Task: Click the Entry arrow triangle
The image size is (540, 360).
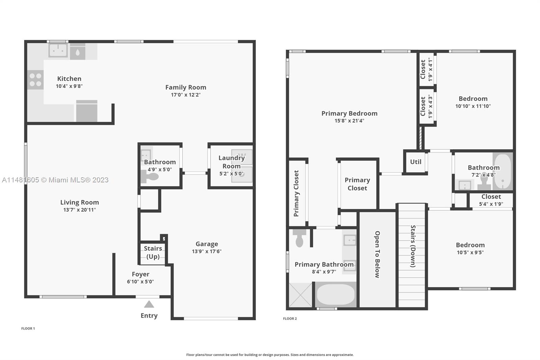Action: [x=149, y=304]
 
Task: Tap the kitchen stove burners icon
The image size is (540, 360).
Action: [x=35, y=80]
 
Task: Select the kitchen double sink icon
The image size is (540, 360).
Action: [x=58, y=51]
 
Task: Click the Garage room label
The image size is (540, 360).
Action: [x=207, y=244]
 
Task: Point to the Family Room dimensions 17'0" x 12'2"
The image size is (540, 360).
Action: [x=186, y=95]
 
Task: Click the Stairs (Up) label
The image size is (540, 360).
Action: [x=153, y=252]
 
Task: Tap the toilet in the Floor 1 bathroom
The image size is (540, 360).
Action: [x=150, y=177]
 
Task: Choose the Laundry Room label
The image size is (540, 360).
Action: [x=232, y=162]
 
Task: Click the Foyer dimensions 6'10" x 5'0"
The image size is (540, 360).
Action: [x=140, y=282]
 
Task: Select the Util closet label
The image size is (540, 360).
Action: [x=415, y=162]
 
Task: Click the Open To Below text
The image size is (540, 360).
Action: [x=377, y=255]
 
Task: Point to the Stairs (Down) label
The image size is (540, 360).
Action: [x=413, y=246]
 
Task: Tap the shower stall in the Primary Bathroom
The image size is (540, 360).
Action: [x=300, y=295]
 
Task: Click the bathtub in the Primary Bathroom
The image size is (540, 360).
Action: [x=335, y=294]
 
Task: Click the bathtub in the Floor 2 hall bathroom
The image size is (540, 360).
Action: [x=503, y=171]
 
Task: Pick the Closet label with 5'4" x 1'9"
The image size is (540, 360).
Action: [x=491, y=197]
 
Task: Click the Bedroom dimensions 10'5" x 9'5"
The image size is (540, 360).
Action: [x=470, y=252]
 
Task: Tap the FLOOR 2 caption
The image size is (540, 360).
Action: [x=290, y=318]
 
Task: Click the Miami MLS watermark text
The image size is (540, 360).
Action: [x=55, y=180]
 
